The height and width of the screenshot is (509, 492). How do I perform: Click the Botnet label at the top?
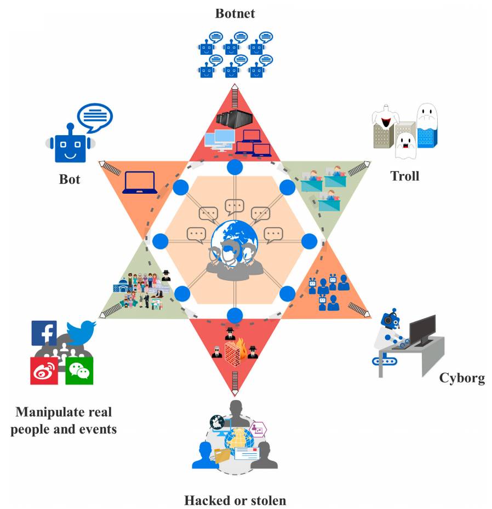click(234, 13)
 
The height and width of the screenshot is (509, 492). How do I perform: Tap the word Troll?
click(404, 176)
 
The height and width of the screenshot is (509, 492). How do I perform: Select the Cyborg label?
click(462, 379)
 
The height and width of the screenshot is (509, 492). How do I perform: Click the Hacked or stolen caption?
click(234, 500)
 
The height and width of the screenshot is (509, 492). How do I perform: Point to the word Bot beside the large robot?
click(70, 179)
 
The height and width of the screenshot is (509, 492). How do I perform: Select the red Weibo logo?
click(44, 371)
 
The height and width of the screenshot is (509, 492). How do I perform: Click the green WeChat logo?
click(80, 371)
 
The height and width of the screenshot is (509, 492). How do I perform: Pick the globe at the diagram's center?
click(235, 236)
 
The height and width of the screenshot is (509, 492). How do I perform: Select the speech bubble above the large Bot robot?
click(95, 116)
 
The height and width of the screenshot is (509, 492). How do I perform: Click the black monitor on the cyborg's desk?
click(422, 330)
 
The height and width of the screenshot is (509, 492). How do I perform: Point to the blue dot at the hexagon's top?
click(234, 166)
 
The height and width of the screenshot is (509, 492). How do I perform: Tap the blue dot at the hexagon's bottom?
click(234, 315)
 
